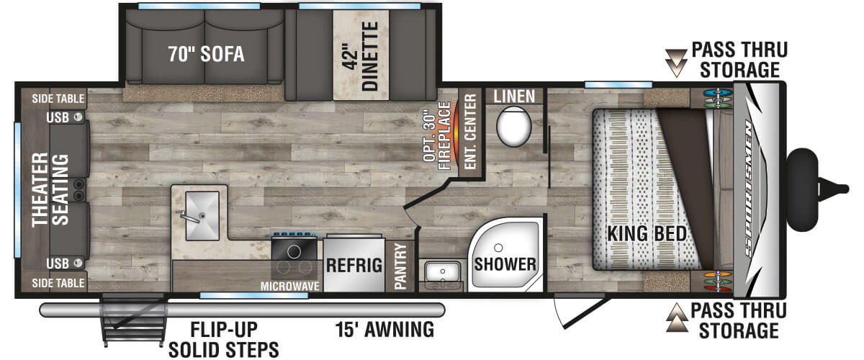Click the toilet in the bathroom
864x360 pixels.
pos(514,126)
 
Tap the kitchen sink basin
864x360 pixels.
pos(202,215)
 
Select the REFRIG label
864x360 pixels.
pos(354,265)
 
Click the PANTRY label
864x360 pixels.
pos(400,266)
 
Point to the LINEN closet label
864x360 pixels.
pos(514,96)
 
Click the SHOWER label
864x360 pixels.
pos(505,264)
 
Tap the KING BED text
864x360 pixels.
pos(647,233)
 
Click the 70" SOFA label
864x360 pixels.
pos(207,53)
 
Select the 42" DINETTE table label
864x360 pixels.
pos(361,56)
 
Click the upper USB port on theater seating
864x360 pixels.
pos(78,117)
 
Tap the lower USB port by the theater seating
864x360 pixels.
pos(78,263)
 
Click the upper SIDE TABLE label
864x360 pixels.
pos(58,99)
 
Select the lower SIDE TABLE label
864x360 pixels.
pos(58,283)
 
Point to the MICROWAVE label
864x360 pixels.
pos(290,287)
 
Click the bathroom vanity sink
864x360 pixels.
pos(442,271)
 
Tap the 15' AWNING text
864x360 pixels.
pos(384,330)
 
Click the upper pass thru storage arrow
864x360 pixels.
pos(677,63)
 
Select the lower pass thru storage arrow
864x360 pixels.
pos(677,318)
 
